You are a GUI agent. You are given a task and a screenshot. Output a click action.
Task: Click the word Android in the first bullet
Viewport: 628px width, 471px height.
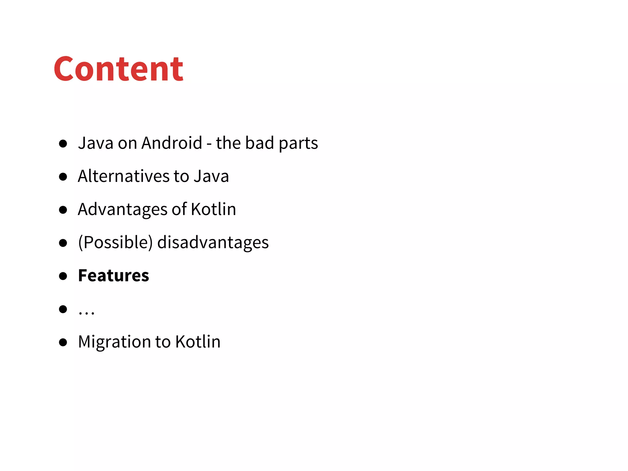[172, 143]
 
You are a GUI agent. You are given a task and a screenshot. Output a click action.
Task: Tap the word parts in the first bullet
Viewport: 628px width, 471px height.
[298, 144]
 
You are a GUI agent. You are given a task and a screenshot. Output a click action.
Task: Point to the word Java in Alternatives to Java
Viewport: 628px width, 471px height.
[211, 176]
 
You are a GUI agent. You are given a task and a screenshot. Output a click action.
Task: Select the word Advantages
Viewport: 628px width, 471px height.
[122, 209]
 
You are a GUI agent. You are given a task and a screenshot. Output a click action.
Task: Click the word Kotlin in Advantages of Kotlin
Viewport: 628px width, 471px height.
[213, 209]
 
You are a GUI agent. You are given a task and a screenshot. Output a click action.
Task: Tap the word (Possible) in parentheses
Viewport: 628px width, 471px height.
[115, 242]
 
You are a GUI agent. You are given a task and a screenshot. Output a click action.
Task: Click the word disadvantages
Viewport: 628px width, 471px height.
[213, 242]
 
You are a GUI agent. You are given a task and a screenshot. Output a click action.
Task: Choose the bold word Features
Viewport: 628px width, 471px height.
[113, 275]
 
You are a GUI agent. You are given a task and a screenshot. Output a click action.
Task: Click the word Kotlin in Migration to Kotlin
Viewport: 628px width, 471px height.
[198, 342]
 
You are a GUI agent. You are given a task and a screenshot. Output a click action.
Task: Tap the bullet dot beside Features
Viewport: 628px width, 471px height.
[63, 276]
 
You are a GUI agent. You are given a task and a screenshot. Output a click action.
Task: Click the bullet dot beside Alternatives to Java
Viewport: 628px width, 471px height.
[63, 177]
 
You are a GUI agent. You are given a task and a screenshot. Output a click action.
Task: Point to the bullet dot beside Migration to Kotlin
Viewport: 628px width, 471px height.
[63, 342]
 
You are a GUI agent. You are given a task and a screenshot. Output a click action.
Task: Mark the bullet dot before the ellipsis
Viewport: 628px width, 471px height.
[63, 309]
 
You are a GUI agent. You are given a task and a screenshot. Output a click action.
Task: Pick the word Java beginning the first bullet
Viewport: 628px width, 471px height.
[95, 143]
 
